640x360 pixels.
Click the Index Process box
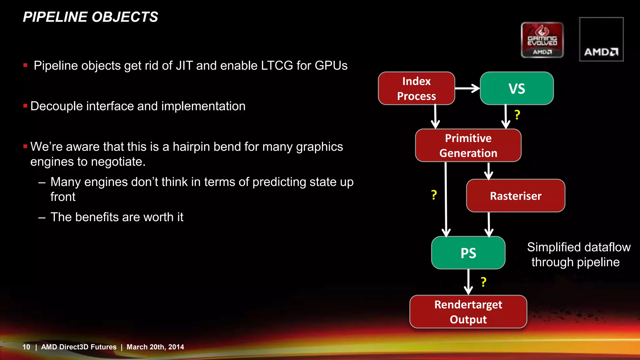[416, 88]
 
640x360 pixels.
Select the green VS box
[517, 88]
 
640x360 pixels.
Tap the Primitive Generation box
[468, 146]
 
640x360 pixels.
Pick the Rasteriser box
[515, 196]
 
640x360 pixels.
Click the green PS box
[468, 253]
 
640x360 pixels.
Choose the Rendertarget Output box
[468, 312]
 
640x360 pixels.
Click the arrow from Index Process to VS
[467, 88]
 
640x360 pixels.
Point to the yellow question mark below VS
[517, 115]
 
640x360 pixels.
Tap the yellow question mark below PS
[483, 282]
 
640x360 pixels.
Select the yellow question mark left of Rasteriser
[434, 195]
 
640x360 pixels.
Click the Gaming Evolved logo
[542, 40]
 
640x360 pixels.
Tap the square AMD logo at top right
[601, 39]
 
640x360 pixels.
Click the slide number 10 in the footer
[26, 347]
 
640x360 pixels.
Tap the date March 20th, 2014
[155, 347]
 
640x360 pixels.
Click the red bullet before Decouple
[25, 106]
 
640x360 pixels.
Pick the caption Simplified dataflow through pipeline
[578, 255]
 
